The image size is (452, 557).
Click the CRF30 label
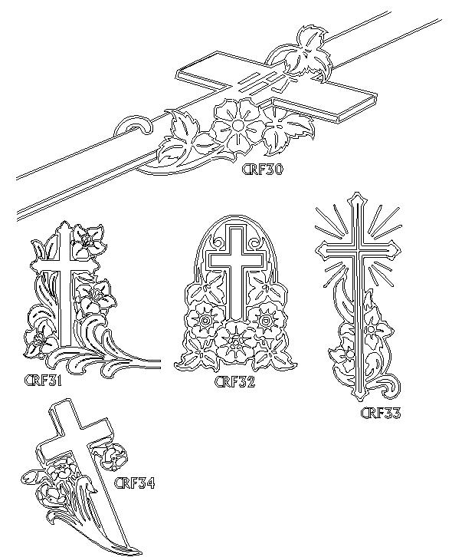coord(262,170)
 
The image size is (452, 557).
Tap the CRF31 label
coord(43,381)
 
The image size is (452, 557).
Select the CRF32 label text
coord(234,382)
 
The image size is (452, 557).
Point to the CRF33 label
coord(381,413)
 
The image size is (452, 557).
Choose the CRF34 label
coord(135,483)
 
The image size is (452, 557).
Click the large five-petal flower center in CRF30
coord(237,125)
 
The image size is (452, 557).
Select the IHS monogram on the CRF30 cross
coord(265,82)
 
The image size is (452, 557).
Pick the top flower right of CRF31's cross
coord(87,242)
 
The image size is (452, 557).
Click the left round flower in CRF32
coord(205,321)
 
